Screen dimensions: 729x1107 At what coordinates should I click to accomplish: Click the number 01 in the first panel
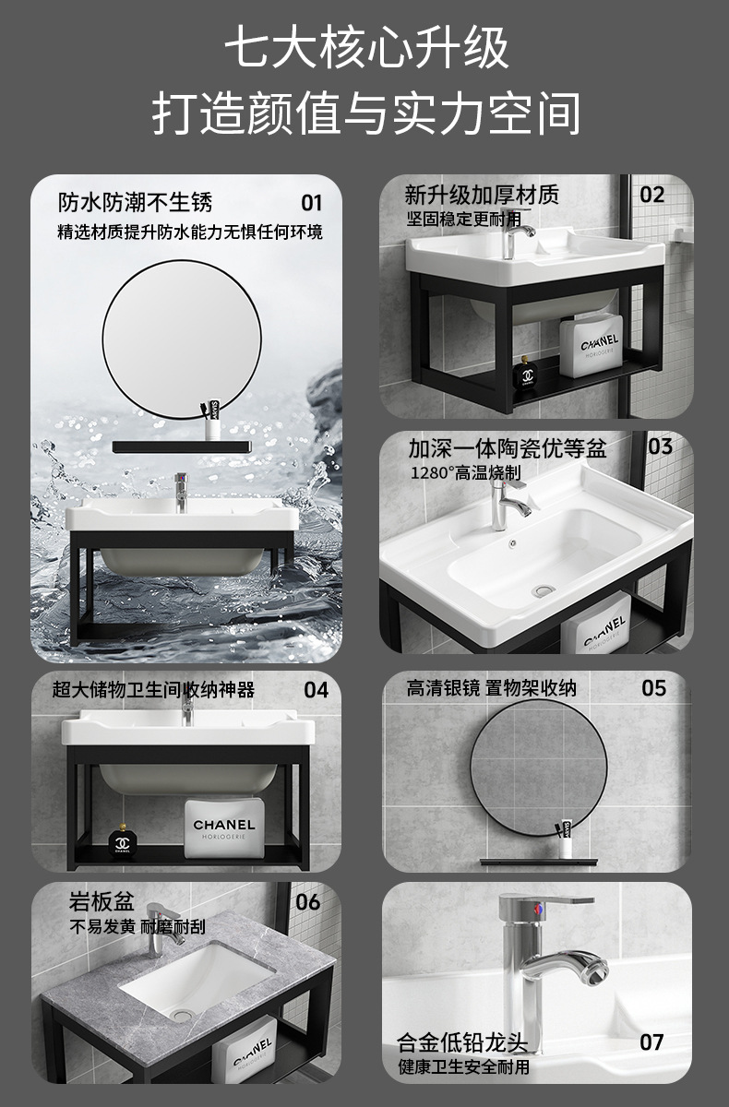click(x=311, y=203)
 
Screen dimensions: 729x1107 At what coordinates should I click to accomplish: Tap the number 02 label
click(x=651, y=195)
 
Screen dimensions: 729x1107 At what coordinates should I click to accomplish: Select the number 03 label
click(x=660, y=446)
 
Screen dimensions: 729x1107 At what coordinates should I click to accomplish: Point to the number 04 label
click(x=316, y=690)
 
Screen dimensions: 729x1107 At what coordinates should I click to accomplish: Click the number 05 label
click(x=654, y=688)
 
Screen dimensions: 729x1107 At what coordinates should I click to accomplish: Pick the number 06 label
click(x=308, y=902)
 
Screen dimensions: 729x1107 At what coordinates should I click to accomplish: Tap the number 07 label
click(x=651, y=1042)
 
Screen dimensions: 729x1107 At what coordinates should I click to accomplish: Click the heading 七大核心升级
click(x=366, y=48)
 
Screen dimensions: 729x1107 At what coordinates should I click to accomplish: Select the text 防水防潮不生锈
click(x=135, y=203)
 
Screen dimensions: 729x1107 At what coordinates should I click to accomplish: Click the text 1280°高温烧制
click(x=466, y=472)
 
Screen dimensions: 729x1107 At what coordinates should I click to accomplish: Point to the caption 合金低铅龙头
click(x=462, y=1042)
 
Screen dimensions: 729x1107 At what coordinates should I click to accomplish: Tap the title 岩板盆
click(x=102, y=901)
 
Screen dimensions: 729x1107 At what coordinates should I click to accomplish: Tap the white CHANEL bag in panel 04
click(x=222, y=829)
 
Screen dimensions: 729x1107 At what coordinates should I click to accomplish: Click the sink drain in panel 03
click(x=544, y=589)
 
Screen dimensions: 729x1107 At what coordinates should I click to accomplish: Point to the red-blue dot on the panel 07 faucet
click(x=538, y=910)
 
